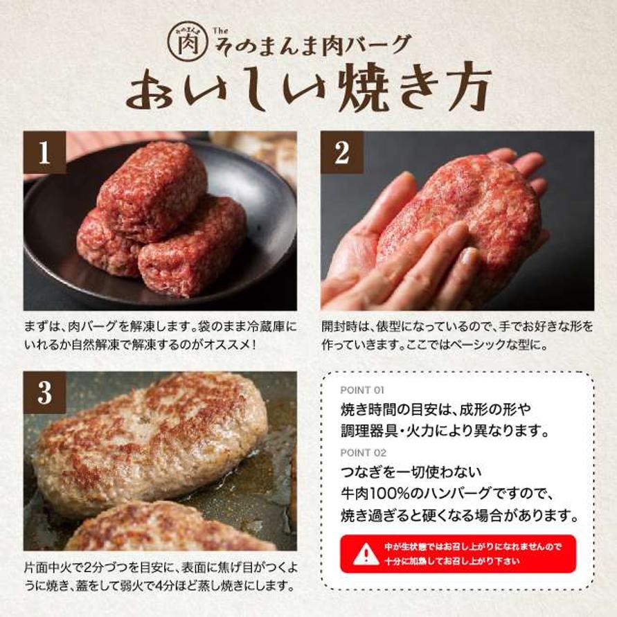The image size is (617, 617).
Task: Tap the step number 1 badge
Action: pyautogui.click(x=44, y=152)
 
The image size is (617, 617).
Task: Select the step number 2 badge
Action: pyautogui.click(x=341, y=152)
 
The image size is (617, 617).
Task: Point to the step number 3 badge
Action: pyautogui.click(x=44, y=393)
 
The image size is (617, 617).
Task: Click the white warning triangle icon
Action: pyautogui.click(x=366, y=554)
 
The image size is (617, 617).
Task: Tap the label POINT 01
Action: pyautogui.click(x=361, y=390)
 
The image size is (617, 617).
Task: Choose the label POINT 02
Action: pyautogui.click(x=363, y=452)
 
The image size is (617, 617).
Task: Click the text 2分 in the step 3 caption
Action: pyautogui.click(x=93, y=568)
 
